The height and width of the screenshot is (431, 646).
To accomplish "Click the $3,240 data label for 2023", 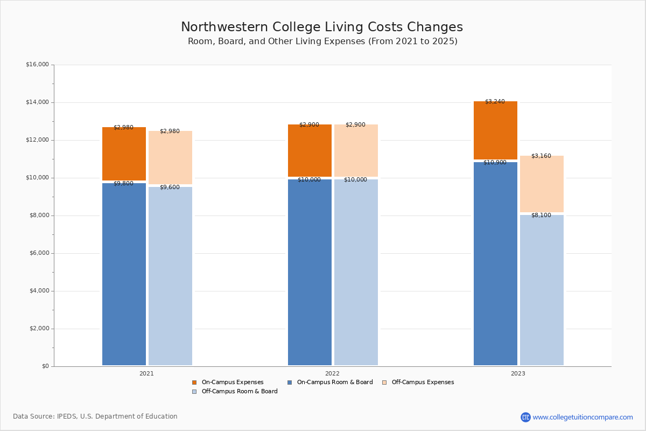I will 495,101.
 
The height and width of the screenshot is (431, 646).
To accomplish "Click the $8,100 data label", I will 541,215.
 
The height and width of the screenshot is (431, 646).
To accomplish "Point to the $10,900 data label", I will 495,162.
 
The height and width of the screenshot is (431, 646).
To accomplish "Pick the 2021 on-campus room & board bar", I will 124,275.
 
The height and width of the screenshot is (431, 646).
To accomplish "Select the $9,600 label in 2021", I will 170,187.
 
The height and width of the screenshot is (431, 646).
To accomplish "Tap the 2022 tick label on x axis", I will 332,373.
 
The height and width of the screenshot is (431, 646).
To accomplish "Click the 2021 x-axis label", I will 146,373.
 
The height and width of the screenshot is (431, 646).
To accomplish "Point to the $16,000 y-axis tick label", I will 37,65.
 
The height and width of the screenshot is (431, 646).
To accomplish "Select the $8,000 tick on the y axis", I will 39,215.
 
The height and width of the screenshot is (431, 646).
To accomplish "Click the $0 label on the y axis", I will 45,366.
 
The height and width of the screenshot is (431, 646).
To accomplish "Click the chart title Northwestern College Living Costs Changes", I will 322,27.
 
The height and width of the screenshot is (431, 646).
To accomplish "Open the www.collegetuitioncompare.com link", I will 582,417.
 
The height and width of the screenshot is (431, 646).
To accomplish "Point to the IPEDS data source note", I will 95,416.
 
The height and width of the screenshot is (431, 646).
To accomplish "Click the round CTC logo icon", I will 525,417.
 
